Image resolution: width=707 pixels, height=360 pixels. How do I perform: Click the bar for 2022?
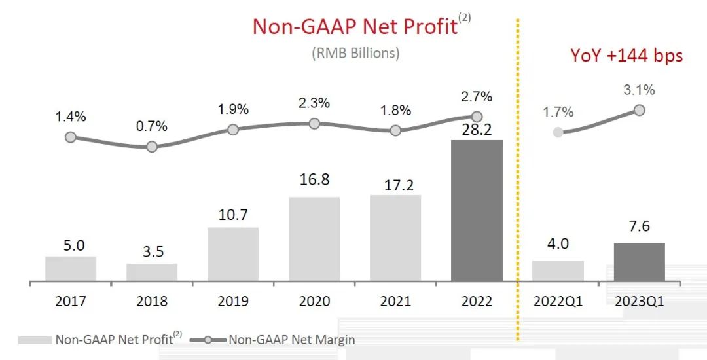pos(477,211)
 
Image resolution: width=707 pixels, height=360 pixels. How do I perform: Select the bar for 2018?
pos(152,272)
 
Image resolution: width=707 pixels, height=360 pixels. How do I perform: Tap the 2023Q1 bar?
pos(639,262)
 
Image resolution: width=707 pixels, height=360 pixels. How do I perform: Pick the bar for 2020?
pos(314,240)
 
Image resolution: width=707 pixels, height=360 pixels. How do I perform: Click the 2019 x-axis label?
pos(233,301)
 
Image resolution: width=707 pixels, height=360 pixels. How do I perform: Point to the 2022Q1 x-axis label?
pos(557,301)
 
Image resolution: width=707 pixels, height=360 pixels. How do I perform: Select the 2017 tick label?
pos(71,301)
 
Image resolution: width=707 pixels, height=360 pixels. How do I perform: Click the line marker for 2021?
pos(395,130)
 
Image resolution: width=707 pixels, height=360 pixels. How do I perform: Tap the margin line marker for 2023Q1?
pos(639,110)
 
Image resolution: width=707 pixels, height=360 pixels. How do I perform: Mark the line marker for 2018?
pos(152,147)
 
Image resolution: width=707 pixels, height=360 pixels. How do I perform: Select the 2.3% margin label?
pos(314,103)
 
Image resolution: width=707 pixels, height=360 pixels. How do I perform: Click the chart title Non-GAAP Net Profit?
pos(355,26)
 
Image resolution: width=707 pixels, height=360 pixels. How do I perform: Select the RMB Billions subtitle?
pos(355,53)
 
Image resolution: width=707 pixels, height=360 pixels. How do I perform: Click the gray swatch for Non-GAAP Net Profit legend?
pos(35,340)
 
